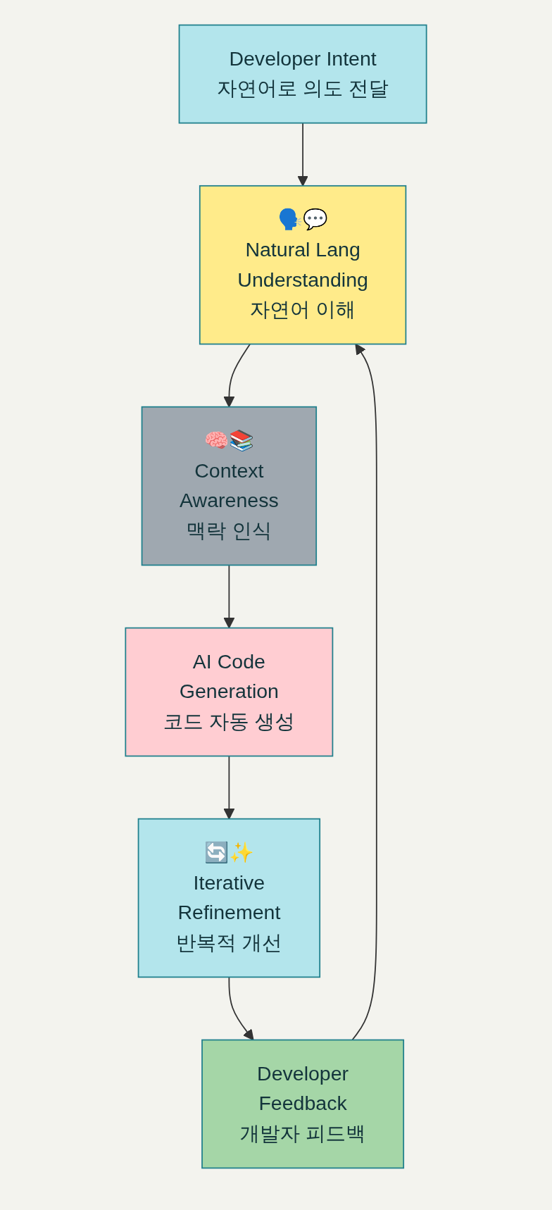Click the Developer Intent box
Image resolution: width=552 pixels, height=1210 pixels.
pyautogui.click(x=303, y=74)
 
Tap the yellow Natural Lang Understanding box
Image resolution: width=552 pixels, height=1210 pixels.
pyautogui.click(x=303, y=265)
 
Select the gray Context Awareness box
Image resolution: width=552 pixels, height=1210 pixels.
pyautogui.click(x=229, y=486)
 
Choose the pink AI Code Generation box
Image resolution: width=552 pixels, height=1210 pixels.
pyautogui.click(x=229, y=692)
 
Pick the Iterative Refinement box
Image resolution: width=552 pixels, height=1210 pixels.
pyautogui.click(x=229, y=898)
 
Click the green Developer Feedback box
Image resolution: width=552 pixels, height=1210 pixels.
pyautogui.click(x=303, y=1104)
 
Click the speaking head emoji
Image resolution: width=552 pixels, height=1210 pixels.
pyautogui.click(x=289, y=219)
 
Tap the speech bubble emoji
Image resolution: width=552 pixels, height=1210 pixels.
pyautogui.click(x=315, y=219)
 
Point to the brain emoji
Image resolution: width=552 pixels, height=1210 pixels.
pyautogui.click(x=216, y=440)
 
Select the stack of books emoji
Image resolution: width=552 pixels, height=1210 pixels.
pyautogui.click(x=241, y=440)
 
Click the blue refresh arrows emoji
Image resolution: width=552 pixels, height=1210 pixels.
pyautogui.click(x=216, y=852)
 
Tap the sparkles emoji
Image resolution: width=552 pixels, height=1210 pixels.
pyautogui.click(x=241, y=852)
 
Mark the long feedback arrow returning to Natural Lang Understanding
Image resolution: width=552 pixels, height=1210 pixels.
pyautogui.click(x=376, y=690)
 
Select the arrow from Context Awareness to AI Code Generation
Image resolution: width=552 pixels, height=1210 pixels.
pyautogui.click(x=229, y=595)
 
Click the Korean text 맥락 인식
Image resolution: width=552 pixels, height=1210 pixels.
pyautogui.click(x=229, y=530)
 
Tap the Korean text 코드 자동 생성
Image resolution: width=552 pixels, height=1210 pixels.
pyautogui.click(x=229, y=722)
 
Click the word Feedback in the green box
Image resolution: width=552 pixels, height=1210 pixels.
pyautogui.click(x=303, y=1103)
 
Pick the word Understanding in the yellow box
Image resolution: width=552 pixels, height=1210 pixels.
pyautogui.click(x=303, y=280)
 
